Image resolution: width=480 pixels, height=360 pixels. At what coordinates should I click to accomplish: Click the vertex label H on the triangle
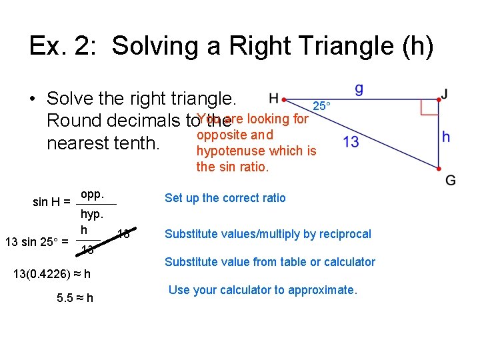tap(273, 98)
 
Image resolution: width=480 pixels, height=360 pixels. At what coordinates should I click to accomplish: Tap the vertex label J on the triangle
tap(444, 95)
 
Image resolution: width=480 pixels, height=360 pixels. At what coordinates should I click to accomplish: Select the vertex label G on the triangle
tap(451, 180)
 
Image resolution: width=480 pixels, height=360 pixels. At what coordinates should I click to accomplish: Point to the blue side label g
tap(359, 89)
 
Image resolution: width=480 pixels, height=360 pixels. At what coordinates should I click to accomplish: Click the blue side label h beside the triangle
tap(446, 137)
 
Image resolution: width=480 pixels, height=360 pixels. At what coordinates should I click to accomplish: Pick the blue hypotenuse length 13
tap(351, 142)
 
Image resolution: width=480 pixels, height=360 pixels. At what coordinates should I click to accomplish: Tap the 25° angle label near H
tap(321, 106)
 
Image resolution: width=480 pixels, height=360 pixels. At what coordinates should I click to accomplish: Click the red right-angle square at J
tap(430, 107)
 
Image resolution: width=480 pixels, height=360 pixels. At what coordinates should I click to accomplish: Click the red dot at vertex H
tap(284, 99)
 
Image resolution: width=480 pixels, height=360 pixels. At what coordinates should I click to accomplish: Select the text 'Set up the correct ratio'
tap(225, 197)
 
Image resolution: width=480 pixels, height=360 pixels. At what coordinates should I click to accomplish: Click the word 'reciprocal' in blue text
tap(344, 233)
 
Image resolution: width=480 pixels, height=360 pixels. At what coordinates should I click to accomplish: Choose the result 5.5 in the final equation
tap(65, 298)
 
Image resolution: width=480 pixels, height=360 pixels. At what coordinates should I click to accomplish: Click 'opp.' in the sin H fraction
tap(92, 194)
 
